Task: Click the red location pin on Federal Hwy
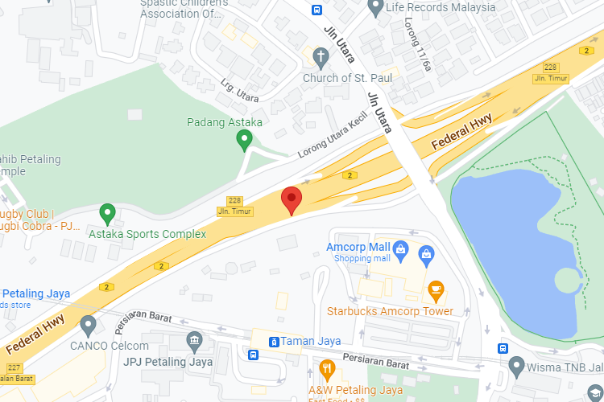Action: click(x=291, y=199)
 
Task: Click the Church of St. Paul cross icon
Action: click(x=321, y=57)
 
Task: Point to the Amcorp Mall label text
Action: click(x=358, y=246)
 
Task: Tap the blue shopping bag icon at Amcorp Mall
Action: click(x=425, y=253)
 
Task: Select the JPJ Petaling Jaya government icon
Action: click(x=194, y=341)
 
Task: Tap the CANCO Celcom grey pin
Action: click(x=89, y=325)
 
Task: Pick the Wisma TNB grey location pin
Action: click(x=517, y=367)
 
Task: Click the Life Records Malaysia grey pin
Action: click(x=374, y=7)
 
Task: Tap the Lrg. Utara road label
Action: click(x=240, y=91)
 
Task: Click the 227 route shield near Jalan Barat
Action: click(x=14, y=367)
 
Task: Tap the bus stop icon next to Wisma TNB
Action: click(x=503, y=349)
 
